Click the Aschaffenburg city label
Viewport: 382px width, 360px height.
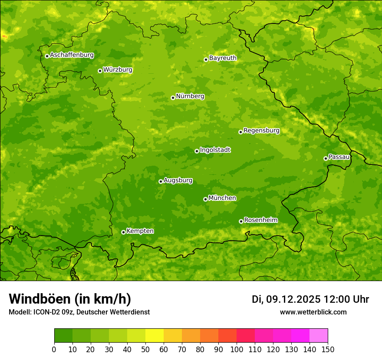pos(72,55)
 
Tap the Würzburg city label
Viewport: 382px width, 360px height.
pos(118,70)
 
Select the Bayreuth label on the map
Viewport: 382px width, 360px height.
pos(223,58)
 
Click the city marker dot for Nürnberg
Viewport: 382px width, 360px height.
pos(173,98)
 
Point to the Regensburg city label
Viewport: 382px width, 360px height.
pos(261,131)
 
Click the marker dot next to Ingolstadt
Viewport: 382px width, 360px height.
pos(197,151)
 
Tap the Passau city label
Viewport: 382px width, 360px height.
pos(339,157)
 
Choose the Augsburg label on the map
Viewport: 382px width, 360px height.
pos(178,180)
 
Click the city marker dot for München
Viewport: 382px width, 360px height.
pos(205,199)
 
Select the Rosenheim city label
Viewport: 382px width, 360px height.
pos(260,220)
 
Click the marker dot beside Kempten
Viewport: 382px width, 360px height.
pos(123,232)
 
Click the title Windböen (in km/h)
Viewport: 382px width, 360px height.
pos(70,299)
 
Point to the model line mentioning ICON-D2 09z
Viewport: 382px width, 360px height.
pos(79,312)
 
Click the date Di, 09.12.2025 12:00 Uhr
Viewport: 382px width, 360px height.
pos(310,299)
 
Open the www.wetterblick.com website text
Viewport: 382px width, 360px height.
pos(313,312)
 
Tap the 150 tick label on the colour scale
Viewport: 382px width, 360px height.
pos(328,350)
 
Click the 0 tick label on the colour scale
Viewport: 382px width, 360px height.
pos(54,350)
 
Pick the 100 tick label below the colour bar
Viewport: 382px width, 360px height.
pos(237,350)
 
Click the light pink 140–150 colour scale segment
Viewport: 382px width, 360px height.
pos(319,336)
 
